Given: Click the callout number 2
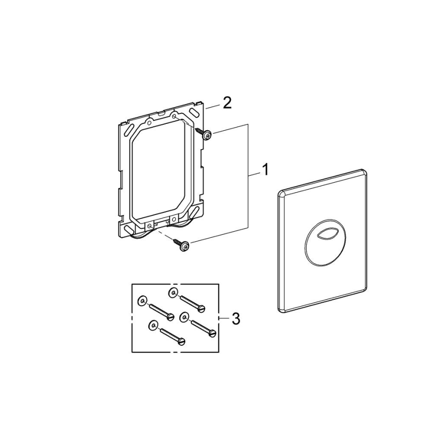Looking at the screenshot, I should pyautogui.click(x=226, y=103).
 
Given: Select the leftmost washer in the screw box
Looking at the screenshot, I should pyautogui.click(x=142, y=300).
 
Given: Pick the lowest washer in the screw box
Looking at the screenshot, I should pyautogui.click(x=152, y=325).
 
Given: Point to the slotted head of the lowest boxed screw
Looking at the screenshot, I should pyautogui.click(x=181, y=340).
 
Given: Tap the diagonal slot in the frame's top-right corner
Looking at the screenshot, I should pyautogui.click(x=194, y=112).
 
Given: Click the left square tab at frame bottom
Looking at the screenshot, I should pyautogui.click(x=149, y=225).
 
